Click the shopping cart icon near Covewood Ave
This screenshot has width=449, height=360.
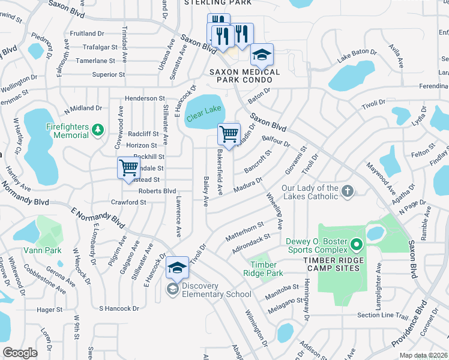128,167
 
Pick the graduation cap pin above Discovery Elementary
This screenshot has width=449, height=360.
177,268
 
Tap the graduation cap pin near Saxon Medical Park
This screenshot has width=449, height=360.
262,55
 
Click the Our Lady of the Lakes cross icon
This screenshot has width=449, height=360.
347,191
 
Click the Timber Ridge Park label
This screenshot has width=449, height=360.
263,269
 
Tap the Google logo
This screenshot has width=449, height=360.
20,353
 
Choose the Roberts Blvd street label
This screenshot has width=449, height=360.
157,191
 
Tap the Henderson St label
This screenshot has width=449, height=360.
144,98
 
